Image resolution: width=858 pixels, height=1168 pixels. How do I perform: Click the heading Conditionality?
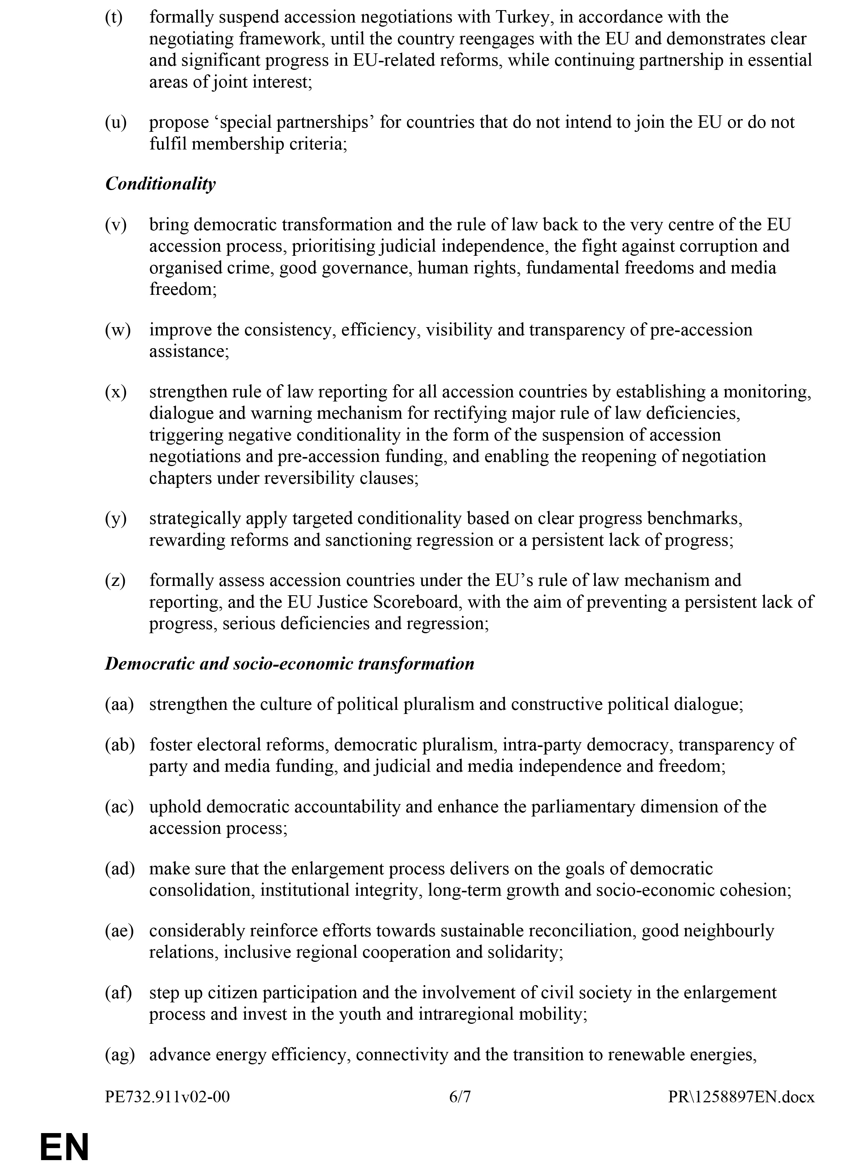(160, 184)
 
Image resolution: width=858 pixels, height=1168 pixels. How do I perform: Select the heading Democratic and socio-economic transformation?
(289, 664)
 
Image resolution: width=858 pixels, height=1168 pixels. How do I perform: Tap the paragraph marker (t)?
(114, 17)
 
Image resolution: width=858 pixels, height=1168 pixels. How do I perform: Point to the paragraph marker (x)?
(115, 392)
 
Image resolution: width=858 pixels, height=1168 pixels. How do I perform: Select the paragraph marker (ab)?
(120, 745)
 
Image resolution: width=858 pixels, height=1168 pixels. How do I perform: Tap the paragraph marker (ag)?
(120, 1054)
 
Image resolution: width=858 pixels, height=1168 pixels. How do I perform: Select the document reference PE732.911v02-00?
(167, 1096)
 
